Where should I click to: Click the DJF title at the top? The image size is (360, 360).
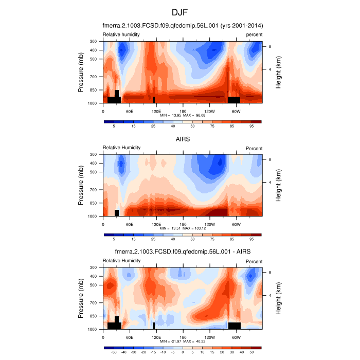pos(180,12)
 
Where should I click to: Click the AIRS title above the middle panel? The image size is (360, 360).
pos(183,138)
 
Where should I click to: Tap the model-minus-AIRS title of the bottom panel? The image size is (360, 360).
pos(183,250)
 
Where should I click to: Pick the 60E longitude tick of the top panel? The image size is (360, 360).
pos(130,111)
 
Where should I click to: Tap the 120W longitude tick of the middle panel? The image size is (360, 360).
pos(209,224)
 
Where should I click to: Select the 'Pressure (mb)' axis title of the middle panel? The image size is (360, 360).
pos(81,185)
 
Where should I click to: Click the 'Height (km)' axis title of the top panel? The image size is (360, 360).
pos(278,72)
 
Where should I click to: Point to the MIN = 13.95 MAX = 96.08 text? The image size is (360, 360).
pos(183,116)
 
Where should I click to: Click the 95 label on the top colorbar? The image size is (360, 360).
pos(251,126)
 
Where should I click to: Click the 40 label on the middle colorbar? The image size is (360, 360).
pos(173,239)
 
